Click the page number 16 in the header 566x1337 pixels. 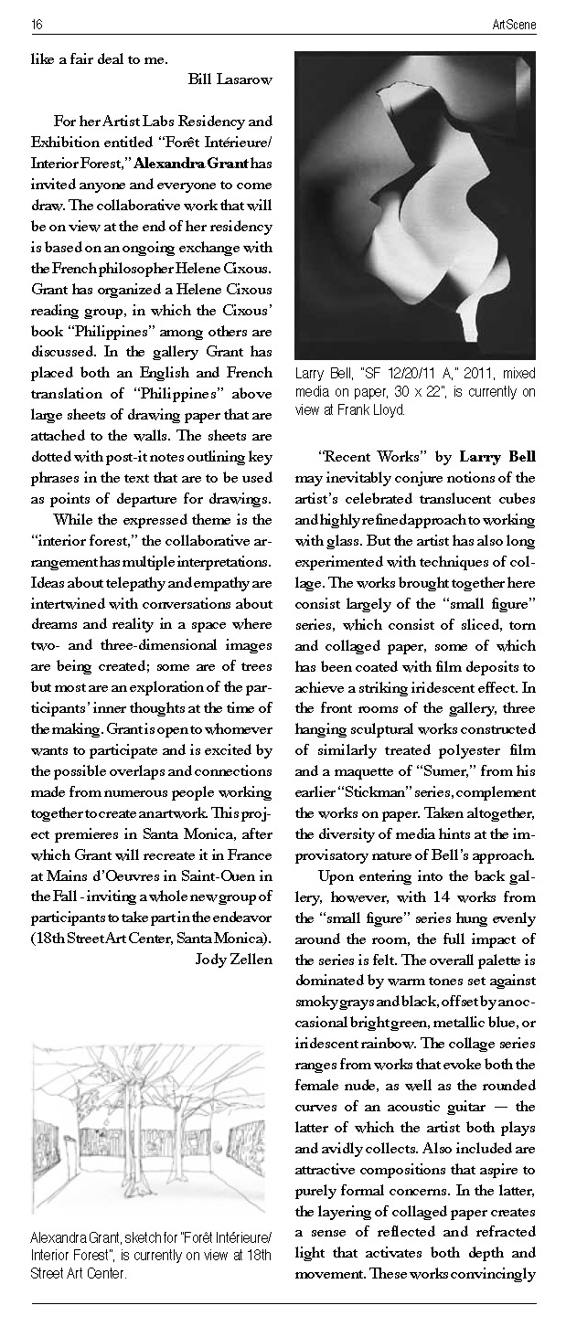[x=36, y=23]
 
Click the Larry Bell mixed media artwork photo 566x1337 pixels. [x=414, y=205]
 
